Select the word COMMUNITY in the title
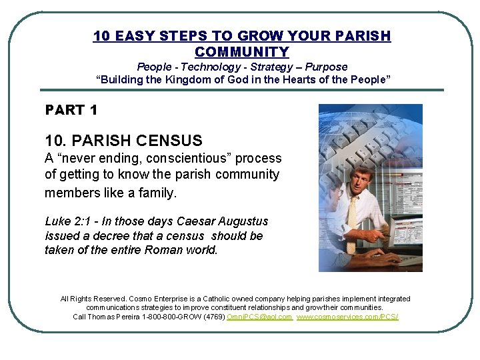[x=242, y=52]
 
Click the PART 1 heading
[x=71, y=109]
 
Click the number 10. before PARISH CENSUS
[x=55, y=141]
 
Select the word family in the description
[x=159, y=193]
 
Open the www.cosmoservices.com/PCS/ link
[x=347, y=317]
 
